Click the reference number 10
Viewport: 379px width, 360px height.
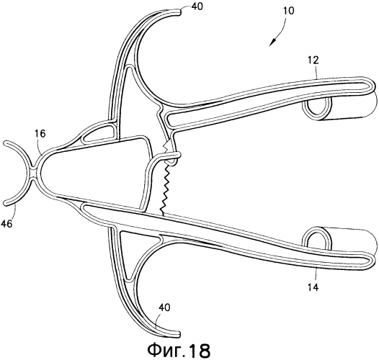[289, 11]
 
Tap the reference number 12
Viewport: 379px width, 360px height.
[313, 60]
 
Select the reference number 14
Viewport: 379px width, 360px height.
[313, 287]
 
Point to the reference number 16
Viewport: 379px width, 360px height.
[40, 134]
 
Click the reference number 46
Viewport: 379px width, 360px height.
[6, 224]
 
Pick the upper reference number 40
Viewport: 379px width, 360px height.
[197, 6]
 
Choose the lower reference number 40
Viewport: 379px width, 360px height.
[164, 307]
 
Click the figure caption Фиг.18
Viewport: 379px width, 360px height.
[179, 351]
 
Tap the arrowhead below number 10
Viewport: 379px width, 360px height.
[272, 42]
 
